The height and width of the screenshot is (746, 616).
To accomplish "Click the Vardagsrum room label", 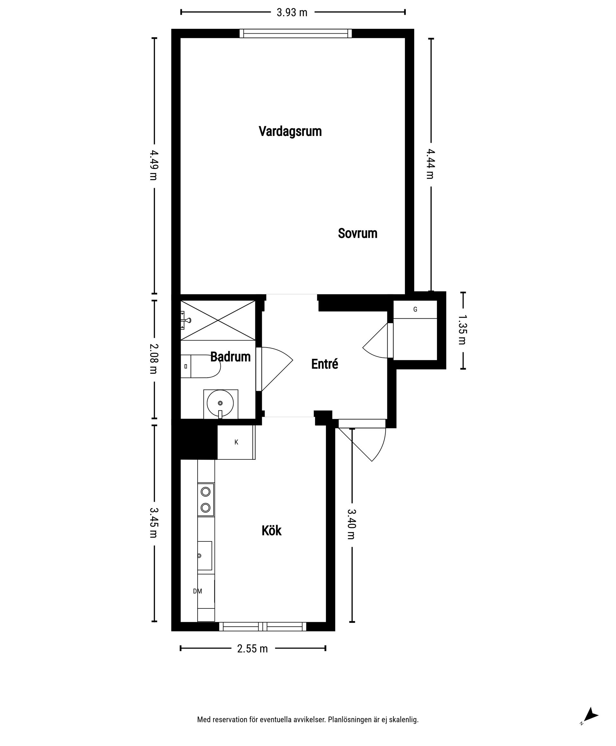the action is [290, 131].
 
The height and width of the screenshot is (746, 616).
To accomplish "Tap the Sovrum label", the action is [357, 233].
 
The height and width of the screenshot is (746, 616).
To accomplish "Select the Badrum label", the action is [230, 357].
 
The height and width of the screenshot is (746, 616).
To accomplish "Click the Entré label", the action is [324, 364].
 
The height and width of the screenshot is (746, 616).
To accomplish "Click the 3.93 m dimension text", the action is [292, 13].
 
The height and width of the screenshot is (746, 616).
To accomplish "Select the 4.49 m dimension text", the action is [154, 165].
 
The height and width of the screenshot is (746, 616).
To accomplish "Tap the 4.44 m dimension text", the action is [431, 164].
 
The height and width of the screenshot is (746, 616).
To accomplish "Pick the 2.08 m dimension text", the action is [154, 359].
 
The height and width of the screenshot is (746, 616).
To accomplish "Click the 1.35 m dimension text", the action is [462, 330].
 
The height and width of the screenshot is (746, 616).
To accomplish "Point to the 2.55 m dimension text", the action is [252, 649].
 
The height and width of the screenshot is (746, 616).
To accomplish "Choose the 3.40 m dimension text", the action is [351, 524].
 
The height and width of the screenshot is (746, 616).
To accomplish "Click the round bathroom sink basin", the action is [220, 403].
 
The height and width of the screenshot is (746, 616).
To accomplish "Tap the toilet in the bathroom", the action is [201, 366].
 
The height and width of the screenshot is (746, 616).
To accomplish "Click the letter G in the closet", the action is [415, 310].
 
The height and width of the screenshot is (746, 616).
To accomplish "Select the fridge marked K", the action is [236, 442].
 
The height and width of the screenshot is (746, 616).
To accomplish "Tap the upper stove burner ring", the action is [205, 492].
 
